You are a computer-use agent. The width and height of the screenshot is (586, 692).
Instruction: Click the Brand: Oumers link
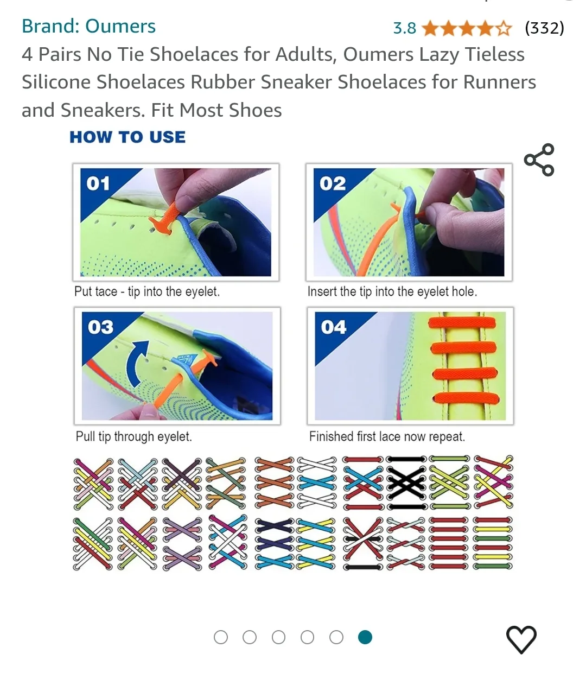88,26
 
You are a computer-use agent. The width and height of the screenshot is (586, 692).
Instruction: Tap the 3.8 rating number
404,28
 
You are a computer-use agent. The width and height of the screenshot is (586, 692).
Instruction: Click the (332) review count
544,28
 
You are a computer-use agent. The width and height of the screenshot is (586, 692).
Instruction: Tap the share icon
539,160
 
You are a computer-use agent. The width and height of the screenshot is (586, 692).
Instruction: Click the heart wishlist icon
521,639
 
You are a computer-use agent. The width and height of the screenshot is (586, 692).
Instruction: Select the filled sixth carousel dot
365,637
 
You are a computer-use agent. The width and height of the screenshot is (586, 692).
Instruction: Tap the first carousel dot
221,637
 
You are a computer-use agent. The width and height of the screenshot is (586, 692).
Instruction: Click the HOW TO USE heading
128,137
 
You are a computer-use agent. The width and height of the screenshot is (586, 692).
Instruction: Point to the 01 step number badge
98,183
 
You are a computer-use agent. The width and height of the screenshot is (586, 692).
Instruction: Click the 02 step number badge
332,183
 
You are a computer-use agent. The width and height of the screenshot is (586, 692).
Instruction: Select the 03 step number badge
100,327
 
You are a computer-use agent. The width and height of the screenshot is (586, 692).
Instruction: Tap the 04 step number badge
333,327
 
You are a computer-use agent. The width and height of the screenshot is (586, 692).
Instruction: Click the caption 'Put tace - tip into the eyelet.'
147,291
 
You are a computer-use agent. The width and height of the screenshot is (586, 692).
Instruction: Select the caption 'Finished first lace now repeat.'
387,436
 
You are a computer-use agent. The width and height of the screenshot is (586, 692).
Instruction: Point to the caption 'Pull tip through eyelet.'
133,436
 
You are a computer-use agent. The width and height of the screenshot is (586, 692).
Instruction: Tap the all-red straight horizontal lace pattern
448,543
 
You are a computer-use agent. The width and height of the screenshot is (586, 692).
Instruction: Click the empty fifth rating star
504,28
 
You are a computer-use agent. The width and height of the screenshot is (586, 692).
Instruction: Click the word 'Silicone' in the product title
57,82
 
